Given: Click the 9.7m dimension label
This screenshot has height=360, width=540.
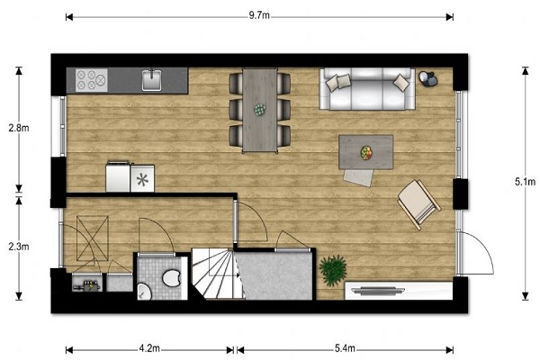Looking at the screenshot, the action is [x=259, y=16].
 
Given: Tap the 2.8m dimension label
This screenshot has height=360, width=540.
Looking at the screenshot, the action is [x=19, y=128].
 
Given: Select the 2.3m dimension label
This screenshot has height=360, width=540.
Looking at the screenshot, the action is [x=19, y=247].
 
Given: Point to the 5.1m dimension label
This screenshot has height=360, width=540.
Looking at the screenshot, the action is [x=526, y=182].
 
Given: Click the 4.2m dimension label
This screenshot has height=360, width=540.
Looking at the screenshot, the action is [x=149, y=348].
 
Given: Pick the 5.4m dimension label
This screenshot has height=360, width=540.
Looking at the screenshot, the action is [x=345, y=348].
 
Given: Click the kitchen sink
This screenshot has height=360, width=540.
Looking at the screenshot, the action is [x=152, y=80].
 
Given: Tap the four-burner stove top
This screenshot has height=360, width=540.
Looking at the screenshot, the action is [x=92, y=80].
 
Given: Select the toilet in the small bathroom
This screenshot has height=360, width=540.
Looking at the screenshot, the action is [x=172, y=277].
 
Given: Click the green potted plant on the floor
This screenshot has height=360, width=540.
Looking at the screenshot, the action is [x=333, y=270].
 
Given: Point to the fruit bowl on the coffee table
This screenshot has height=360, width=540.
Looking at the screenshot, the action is [x=366, y=153].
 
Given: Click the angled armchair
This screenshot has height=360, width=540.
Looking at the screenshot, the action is [x=419, y=204].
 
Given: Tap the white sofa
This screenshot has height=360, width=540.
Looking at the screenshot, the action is [x=367, y=89].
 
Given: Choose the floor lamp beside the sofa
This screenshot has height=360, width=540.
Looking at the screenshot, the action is [x=428, y=78].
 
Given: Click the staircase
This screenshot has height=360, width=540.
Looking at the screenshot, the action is [x=217, y=274].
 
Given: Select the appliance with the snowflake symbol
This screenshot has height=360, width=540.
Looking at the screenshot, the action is [x=142, y=178].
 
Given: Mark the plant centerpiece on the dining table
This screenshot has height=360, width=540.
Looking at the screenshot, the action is [x=260, y=110].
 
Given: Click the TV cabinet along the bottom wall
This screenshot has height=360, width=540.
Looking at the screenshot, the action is [x=399, y=291].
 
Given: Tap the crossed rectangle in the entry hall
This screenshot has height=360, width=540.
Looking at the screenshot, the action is [x=93, y=238].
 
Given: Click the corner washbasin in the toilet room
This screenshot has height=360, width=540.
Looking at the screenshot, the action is [x=144, y=292].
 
